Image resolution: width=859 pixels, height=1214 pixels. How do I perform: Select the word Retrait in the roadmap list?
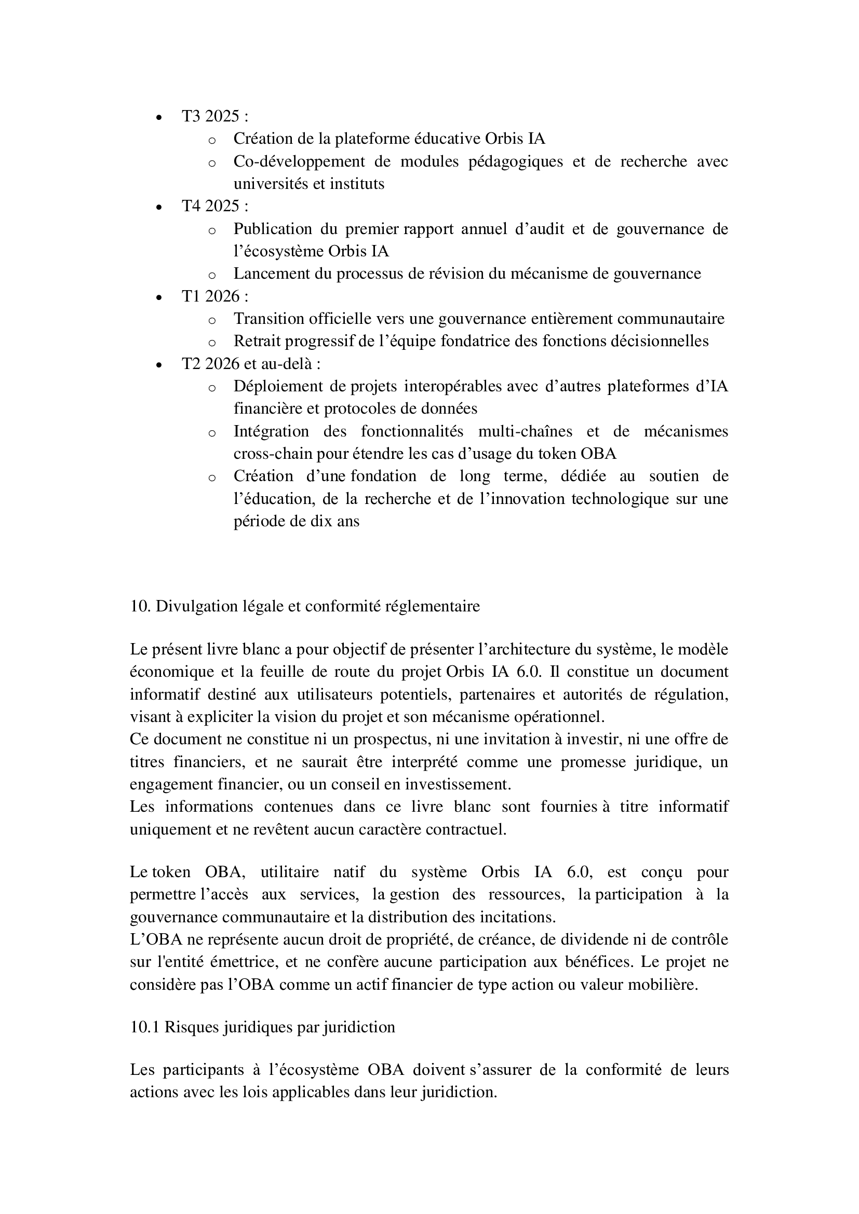[x=258, y=342]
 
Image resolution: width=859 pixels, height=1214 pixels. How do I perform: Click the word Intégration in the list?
[x=271, y=431]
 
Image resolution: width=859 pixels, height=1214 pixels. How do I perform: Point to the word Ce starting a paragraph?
[x=139, y=739]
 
